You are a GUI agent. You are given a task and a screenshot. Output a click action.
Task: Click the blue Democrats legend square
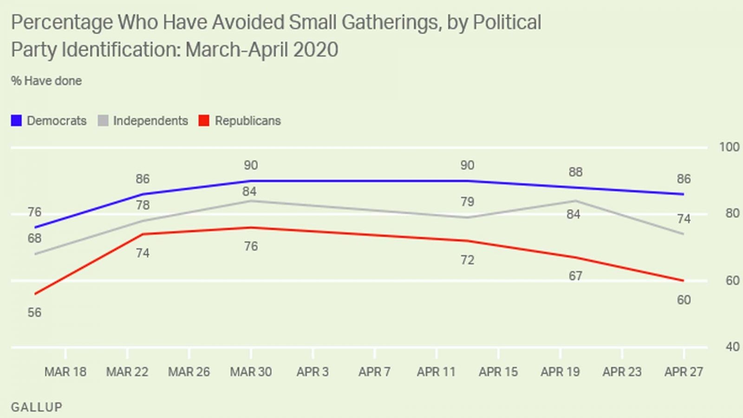pyautogui.click(x=16, y=121)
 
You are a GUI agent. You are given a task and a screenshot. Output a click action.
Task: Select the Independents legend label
pyautogui.click(x=150, y=121)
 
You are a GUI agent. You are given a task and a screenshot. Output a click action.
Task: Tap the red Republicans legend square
pyautogui.click(x=204, y=121)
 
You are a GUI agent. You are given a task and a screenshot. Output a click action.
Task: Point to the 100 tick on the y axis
pyautogui.click(x=729, y=147)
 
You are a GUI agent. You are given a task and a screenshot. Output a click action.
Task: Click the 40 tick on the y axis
pyautogui.click(x=732, y=347)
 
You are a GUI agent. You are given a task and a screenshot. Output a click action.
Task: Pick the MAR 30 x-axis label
pyautogui.click(x=251, y=372)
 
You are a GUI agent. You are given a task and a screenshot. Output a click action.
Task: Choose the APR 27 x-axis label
pyautogui.click(x=684, y=372)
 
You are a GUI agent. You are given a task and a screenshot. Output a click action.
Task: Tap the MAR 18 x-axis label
pyautogui.click(x=65, y=372)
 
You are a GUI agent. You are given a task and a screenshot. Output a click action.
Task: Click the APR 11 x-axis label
pyautogui.click(x=436, y=372)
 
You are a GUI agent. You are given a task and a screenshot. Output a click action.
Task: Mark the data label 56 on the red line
pyautogui.click(x=34, y=313)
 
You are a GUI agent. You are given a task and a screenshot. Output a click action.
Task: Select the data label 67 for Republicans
pyautogui.click(x=575, y=276)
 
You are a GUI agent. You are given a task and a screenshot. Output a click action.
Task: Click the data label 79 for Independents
pyautogui.click(x=467, y=202)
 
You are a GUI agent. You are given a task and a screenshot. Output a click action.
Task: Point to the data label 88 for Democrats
pyautogui.click(x=575, y=172)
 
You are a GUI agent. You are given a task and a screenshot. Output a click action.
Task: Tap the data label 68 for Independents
pyautogui.click(x=34, y=238)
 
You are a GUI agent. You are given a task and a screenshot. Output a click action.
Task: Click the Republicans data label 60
pyautogui.click(x=684, y=300)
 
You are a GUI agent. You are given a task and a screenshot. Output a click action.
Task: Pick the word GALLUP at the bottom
pyautogui.click(x=37, y=407)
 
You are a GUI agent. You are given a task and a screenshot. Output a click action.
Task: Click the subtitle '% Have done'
pyautogui.click(x=46, y=81)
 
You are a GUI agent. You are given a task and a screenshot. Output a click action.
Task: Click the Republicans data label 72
pyautogui.click(x=467, y=260)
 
